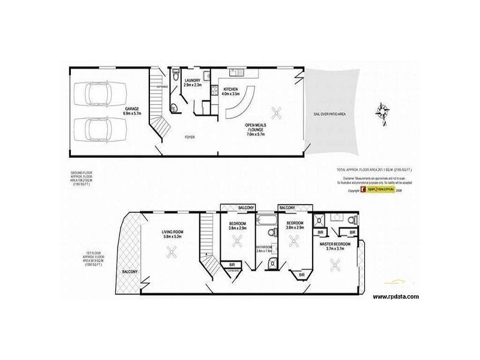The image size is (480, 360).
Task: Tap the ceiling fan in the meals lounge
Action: (x=277, y=112)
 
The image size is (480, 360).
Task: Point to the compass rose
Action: (x=381, y=112)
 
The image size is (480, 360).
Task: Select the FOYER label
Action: (x=190, y=137)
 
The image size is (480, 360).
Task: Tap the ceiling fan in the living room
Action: (x=172, y=253)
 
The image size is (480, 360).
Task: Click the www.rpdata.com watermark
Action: (x=395, y=296)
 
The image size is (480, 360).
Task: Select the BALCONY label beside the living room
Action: (x=129, y=272)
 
